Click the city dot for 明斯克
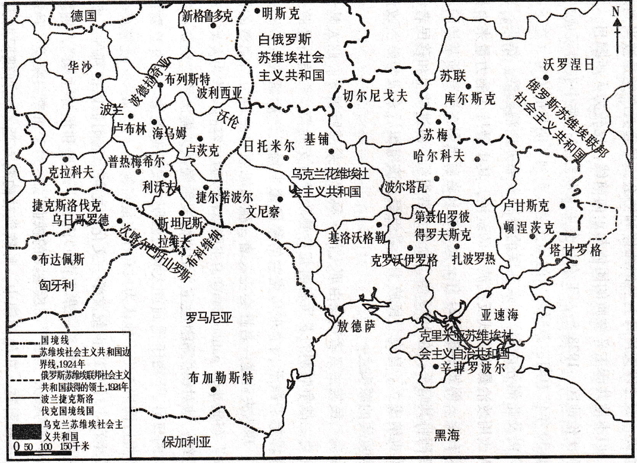coord(257,10)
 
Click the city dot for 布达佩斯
coord(34,257)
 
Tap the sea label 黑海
coord(447,435)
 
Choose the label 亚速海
coord(499,314)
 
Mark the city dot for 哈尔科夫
coord(476,159)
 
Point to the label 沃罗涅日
coord(568,65)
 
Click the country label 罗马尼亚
coord(209,318)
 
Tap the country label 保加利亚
coord(187,443)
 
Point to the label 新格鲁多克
coord(207,16)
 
